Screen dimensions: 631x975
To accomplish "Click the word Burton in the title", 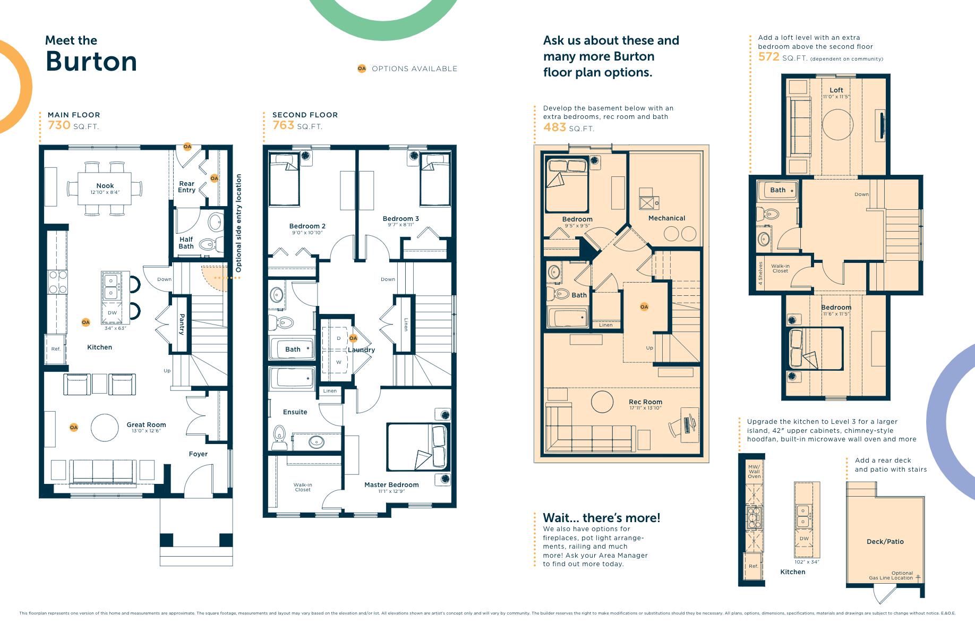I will (91, 62).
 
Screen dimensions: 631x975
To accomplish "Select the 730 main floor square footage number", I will (59, 125).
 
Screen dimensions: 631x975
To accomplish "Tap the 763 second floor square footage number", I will (283, 125).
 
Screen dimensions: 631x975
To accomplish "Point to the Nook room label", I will (105, 186).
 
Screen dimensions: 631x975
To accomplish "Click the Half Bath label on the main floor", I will (186, 243).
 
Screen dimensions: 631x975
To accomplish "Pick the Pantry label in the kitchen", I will (182, 324).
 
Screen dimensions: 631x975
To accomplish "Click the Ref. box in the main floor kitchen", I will (56, 349).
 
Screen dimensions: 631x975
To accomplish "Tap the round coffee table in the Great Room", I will (105, 428).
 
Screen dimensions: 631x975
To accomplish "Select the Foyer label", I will (198, 454).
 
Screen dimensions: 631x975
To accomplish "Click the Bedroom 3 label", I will (400, 219).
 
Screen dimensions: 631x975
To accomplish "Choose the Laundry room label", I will (362, 350).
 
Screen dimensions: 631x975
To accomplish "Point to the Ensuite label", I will (295, 412).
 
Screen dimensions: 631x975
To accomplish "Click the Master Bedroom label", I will (391, 485).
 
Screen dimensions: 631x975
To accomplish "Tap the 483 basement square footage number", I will (554, 127).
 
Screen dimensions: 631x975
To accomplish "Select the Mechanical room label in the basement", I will (666, 218).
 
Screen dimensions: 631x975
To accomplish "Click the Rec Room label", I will (645, 402).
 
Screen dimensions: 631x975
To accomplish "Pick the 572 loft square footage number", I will (768, 57).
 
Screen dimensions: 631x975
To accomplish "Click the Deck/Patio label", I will (885, 542).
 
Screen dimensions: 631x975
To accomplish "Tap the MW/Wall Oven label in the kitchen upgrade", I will (754, 472).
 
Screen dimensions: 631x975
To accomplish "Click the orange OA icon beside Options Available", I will (362, 69).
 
